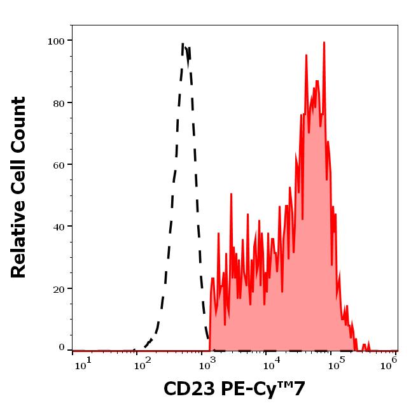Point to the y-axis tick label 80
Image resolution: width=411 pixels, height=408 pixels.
tap(58, 103)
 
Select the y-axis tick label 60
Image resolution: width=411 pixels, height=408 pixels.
tap(58, 165)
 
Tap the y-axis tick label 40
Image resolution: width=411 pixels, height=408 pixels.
tap(58, 227)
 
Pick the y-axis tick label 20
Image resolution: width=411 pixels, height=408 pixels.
tap(58, 289)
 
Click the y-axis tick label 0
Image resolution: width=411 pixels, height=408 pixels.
tap(62, 348)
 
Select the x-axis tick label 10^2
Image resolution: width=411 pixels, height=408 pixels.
tap(143, 362)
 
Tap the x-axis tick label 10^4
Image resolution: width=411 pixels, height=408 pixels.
tap(270, 362)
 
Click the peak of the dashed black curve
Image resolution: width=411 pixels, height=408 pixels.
tap(184, 45)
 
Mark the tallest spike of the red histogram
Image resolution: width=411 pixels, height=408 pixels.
tap(324, 43)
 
